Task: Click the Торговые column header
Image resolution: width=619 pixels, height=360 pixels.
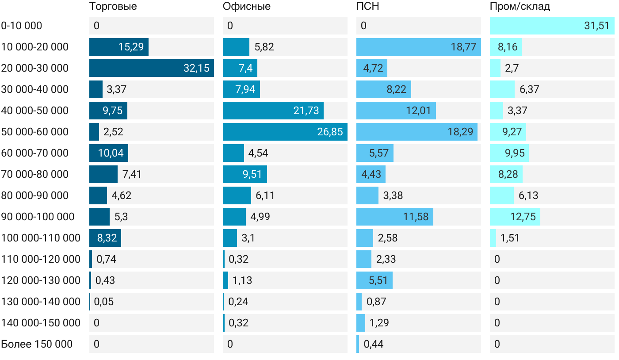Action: coord(113,7)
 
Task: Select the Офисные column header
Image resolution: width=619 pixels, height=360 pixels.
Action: coord(247,7)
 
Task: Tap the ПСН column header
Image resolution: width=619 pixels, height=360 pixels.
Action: coord(368,7)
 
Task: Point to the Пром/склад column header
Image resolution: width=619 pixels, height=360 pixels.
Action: coord(520,7)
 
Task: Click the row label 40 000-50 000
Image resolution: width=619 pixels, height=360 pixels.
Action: coord(35,111)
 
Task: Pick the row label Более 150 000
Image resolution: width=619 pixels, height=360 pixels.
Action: coord(37,344)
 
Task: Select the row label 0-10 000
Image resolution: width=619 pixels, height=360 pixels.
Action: coord(22,26)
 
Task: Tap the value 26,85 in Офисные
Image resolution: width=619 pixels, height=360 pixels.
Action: coord(330,132)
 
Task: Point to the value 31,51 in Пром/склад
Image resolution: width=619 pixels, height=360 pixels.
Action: coord(597,26)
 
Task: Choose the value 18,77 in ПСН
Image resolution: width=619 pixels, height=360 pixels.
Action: coord(463,47)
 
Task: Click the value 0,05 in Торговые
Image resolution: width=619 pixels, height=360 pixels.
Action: coord(104,302)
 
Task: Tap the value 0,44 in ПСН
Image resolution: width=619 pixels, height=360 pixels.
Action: coord(374,344)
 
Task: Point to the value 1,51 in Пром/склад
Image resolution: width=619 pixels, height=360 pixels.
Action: coord(510,238)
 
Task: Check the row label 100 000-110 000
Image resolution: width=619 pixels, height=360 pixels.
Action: coord(41,238)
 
